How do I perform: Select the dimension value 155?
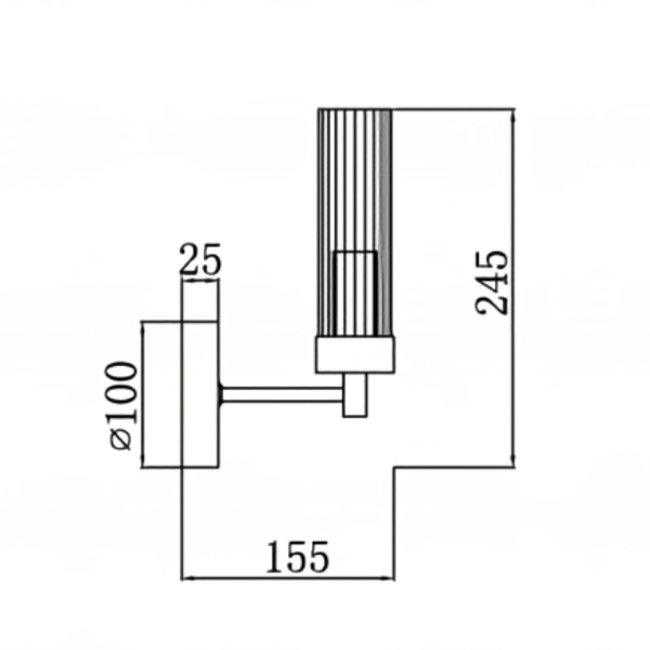tap(297, 557)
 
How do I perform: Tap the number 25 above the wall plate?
tap(200, 260)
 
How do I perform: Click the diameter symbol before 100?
tap(123, 440)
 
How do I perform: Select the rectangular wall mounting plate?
tap(200, 395)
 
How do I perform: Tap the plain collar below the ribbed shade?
tap(355, 356)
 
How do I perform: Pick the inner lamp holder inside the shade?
tap(356, 292)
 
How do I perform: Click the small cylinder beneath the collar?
tap(356, 395)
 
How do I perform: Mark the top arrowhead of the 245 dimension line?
tap(514, 114)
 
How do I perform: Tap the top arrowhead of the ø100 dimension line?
tap(142, 326)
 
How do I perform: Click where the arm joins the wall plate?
tap(221, 394)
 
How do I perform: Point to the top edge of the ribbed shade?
tap(355, 109)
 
